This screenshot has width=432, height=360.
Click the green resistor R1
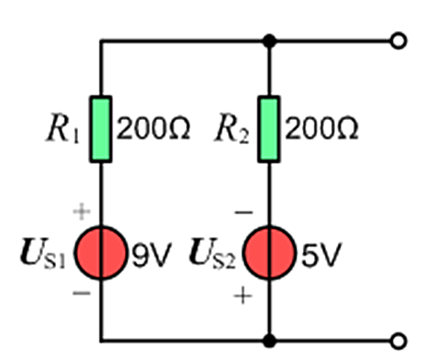click(101, 129)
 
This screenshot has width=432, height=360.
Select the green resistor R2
click(269, 129)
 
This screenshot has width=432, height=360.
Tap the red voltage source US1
click(101, 253)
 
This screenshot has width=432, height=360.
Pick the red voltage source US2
click(269, 253)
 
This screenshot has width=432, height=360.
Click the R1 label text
click(63, 128)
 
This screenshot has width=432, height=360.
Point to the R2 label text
click(232, 128)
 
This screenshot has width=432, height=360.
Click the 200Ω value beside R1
click(153, 129)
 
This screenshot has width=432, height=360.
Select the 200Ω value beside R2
click(321, 129)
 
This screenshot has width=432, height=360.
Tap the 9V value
click(150, 255)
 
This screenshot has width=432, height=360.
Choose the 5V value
click(319, 255)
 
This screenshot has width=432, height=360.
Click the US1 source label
click(43, 254)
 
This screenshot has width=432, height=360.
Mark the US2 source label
click(212, 254)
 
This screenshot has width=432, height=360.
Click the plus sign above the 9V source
click(81, 212)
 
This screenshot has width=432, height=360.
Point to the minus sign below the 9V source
click(81, 293)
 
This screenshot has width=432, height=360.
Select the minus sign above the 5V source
click(243, 212)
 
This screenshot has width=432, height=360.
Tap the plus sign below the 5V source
click(243, 296)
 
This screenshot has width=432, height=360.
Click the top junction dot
click(269, 40)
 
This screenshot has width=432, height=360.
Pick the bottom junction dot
click(269, 341)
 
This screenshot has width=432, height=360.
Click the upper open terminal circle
click(398, 40)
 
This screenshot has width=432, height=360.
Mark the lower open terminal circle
click(398, 341)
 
